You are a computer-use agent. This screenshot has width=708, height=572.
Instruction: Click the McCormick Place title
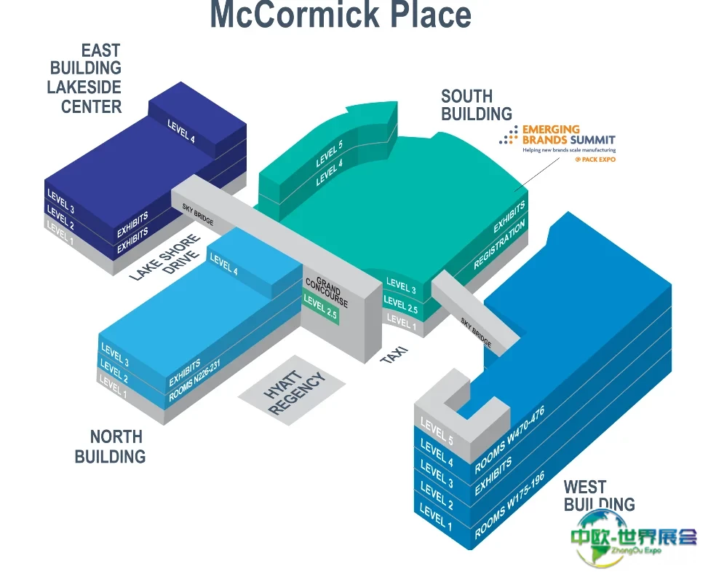click(x=341, y=15)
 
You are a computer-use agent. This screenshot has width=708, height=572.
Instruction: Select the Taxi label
click(x=394, y=355)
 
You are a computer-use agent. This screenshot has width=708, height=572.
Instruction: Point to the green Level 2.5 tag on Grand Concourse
click(x=321, y=307)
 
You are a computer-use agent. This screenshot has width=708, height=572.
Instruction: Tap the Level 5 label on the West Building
click(x=437, y=431)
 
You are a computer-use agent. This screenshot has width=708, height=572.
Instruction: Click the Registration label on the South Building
click(x=499, y=244)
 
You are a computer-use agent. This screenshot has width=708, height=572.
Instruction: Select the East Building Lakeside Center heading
click(x=84, y=78)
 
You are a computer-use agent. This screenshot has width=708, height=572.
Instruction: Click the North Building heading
click(x=110, y=447)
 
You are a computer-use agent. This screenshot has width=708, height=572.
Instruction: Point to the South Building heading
click(x=477, y=105)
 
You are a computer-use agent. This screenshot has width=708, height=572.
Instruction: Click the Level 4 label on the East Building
click(x=181, y=131)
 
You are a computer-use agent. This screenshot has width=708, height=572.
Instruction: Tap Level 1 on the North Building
click(x=113, y=387)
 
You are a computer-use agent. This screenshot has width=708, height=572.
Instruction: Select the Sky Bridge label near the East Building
click(x=198, y=214)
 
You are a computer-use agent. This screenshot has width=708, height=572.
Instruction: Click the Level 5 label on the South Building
click(x=329, y=153)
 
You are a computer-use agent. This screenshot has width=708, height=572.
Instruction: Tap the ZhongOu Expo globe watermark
click(x=632, y=538)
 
